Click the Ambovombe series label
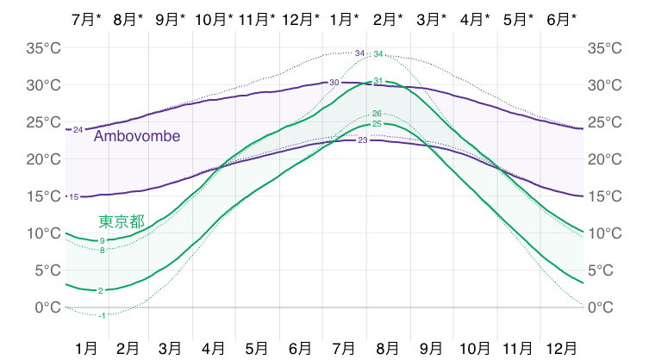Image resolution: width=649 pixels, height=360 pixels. [x=137, y=136]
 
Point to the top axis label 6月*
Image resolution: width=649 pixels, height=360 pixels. [x=561, y=18]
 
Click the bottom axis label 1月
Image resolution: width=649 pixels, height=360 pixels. [x=86, y=347]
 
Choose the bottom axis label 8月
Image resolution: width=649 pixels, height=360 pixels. [x=388, y=347]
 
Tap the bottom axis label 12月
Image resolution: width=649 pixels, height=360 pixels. [x=561, y=347]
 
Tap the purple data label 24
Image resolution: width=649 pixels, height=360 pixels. [x=78, y=130]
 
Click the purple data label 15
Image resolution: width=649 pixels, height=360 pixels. [x=74, y=197]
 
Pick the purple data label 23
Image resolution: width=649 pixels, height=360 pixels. [x=362, y=140]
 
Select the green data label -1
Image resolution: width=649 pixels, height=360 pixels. [x=103, y=316]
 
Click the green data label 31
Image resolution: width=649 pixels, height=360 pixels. [x=378, y=80]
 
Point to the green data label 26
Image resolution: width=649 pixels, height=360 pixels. [x=377, y=114]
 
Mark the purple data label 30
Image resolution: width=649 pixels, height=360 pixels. [x=334, y=82]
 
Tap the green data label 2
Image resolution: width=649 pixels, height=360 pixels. [x=101, y=291]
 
